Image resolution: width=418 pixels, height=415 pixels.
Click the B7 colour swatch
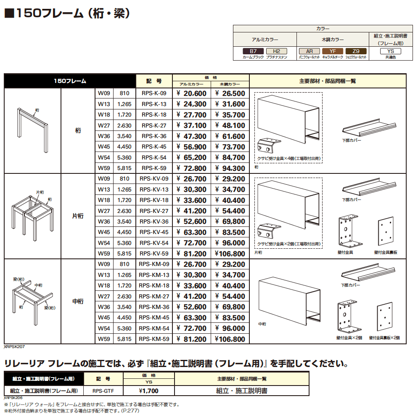click(x=253, y=51)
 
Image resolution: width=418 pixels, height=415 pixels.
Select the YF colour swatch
click(x=333, y=51)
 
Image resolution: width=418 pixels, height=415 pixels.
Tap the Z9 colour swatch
click(x=356, y=51)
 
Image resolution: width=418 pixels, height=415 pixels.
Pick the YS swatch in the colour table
click(x=391, y=51)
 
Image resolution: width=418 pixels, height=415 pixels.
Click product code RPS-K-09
click(x=154, y=93)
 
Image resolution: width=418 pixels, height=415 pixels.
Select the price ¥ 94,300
click(x=230, y=168)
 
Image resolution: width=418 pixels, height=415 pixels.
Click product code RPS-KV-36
click(x=154, y=221)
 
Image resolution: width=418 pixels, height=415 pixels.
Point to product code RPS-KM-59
click(x=154, y=339)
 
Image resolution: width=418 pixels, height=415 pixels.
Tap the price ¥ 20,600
click(x=191, y=94)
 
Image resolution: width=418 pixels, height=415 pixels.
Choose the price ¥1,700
click(x=149, y=391)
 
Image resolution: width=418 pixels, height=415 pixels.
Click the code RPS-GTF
click(x=103, y=391)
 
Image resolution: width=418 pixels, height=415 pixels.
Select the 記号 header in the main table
click(x=154, y=81)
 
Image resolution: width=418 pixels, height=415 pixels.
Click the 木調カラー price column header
click(x=230, y=84)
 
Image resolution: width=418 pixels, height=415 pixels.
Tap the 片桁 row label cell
click(x=78, y=216)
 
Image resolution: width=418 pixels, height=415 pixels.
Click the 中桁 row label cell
click(x=78, y=301)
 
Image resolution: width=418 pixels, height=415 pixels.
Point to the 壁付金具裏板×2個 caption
click(x=384, y=338)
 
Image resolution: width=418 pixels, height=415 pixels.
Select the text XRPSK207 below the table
click(x=14, y=347)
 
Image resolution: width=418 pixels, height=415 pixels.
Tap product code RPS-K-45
click(x=154, y=147)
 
